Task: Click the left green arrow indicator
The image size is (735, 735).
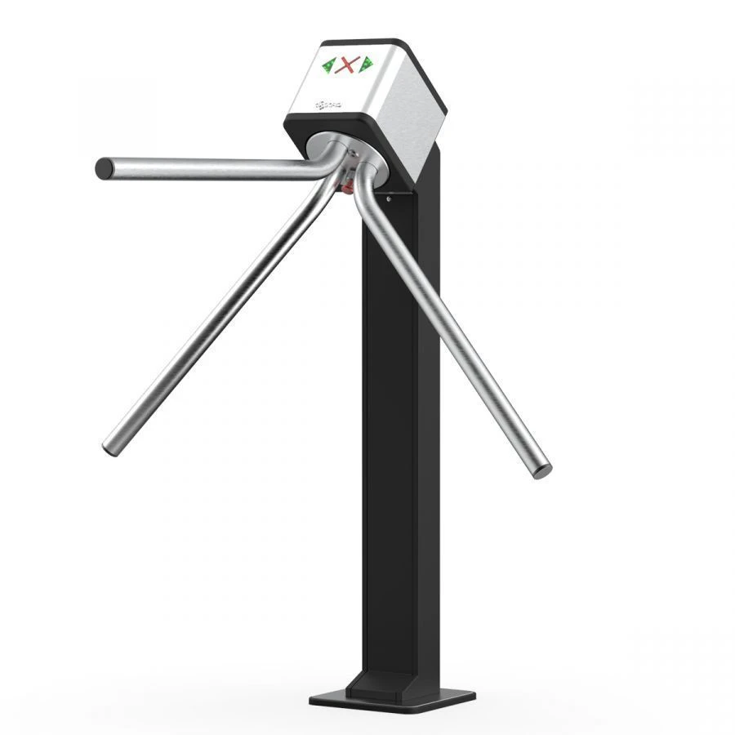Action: pos(330,65)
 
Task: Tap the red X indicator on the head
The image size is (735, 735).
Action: pos(349,64)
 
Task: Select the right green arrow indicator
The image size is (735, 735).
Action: pos(366,62)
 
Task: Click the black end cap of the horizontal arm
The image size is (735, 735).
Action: pos(104,169)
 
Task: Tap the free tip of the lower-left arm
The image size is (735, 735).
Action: pos(109,448)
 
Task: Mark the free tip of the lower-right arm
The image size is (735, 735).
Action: pos(541,470)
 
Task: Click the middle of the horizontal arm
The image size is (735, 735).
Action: pos(212,168)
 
